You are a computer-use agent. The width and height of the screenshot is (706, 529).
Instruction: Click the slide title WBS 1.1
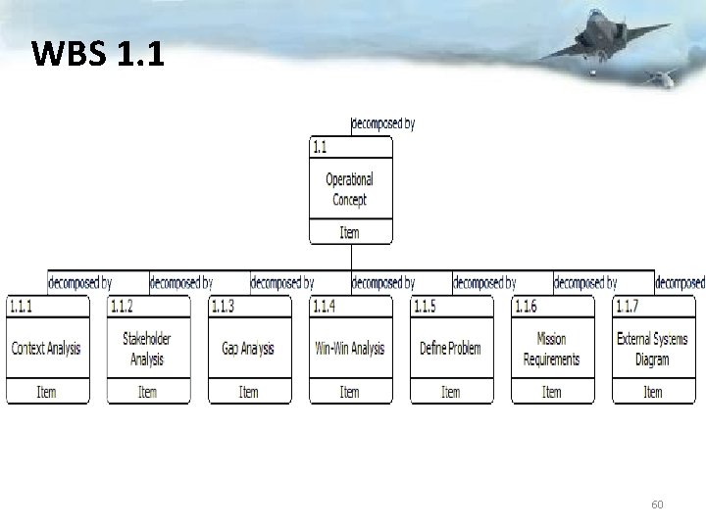(x=98, y=54)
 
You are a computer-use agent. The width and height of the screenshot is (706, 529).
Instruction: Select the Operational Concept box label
(x=350, y=189)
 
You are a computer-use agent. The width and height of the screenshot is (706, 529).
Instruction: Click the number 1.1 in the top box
(x=320, y=148)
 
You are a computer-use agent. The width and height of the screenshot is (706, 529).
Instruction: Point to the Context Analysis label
(x=46, y=349)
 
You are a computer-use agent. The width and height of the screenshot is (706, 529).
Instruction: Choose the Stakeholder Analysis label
(x=147, y=349)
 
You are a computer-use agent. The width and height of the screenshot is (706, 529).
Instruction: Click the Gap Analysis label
(x=248, y=349)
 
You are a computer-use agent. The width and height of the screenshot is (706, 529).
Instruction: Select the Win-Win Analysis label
(x=350, y=349)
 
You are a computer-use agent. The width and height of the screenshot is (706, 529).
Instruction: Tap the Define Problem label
(x=450, y=349)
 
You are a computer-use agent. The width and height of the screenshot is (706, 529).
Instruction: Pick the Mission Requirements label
(x=552, y=349)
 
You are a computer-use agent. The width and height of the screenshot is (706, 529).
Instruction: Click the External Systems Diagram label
(x=652, y=349)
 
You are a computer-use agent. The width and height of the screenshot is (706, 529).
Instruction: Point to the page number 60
(x=657, y=505)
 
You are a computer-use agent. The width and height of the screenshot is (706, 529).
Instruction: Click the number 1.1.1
(x=21, y=307)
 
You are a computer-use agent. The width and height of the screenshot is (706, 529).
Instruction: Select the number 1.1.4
(x=324, y=307)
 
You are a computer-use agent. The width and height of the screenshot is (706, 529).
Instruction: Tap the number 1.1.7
(x=627, y=307)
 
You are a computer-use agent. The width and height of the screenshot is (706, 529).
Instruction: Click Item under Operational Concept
(x=350, y=233)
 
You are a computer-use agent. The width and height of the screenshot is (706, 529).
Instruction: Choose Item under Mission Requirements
(x=552, y=392)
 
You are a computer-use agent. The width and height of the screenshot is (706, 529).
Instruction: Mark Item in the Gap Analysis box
(x=249, y=392)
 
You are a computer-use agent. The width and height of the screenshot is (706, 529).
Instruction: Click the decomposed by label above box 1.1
(x=382, y=124)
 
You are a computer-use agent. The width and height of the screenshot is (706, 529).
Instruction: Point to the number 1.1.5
(x=425, y=307)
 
